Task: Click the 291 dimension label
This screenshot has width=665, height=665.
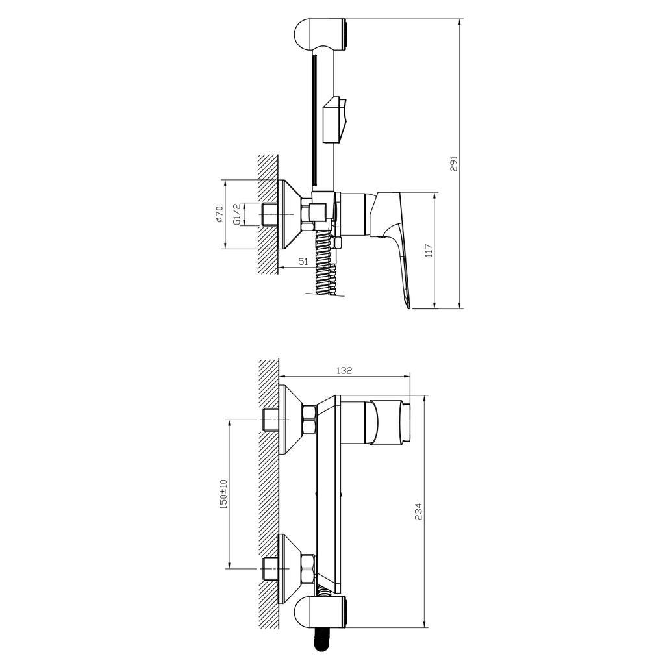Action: pos(455,163)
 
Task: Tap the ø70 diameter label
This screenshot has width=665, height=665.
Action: pos(219,214)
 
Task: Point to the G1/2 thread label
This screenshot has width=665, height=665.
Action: pos(238,214)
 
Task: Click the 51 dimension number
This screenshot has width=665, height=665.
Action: pos(303,261)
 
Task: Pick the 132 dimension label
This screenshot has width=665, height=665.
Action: pos(344,370)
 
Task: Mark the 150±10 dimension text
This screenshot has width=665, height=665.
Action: pos(223,494)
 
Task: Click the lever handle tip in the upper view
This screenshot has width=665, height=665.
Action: pos(407,300)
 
